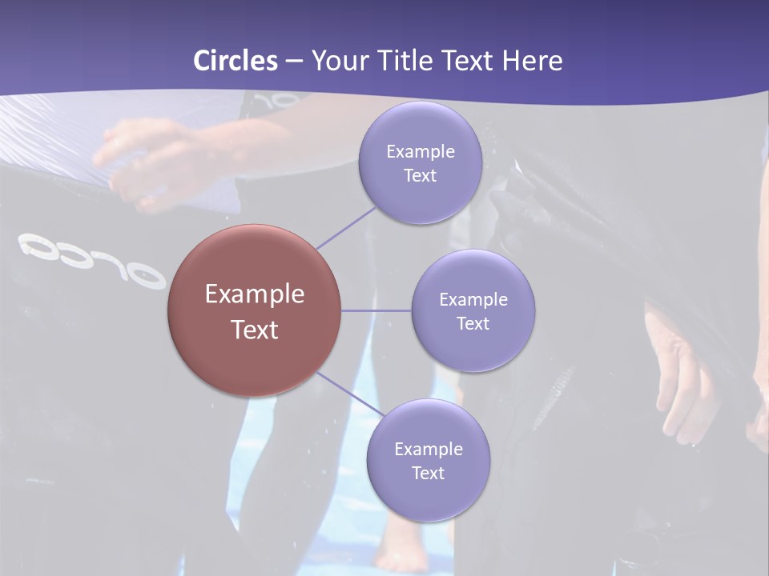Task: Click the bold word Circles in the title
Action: [x=236, y=61]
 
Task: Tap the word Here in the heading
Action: [x=533, y=61]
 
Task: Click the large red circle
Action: [x=255, y=310]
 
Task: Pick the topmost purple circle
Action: [x=420, y=162]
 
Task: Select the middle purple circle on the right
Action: [x=473, y=310]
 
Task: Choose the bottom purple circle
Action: [x=428, y=460]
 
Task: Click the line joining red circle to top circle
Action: [x=346, y=227]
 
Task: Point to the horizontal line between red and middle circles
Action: [x=376, y=310]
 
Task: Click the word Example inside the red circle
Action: [x=255, y=294]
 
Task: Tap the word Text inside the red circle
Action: [x=255, y=330]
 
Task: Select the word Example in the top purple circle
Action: [x=420, y=151]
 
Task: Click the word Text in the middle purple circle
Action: [x=473, y=323]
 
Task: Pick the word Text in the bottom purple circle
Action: [x=428, y=473]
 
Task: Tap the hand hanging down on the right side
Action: [x=681, y=376]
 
